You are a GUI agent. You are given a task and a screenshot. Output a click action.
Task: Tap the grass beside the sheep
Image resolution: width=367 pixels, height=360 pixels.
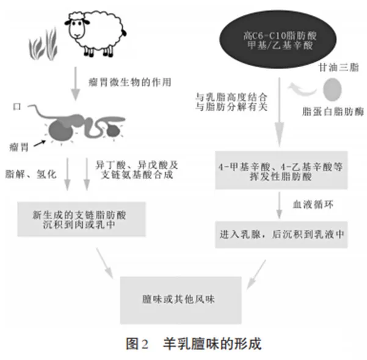43,45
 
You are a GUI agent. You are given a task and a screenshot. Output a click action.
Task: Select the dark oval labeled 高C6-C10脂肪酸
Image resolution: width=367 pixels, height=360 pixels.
278,39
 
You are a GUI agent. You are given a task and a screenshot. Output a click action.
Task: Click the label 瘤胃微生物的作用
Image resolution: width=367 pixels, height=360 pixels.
130,83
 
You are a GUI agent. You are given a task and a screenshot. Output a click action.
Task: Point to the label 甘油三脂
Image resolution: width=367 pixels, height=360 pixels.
339,67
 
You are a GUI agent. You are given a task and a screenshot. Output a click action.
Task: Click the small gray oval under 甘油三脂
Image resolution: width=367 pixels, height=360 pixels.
332,89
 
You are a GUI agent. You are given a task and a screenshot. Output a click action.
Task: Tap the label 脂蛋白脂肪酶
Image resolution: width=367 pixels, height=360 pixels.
333,111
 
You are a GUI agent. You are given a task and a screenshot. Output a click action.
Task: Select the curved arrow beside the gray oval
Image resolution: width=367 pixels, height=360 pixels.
302,90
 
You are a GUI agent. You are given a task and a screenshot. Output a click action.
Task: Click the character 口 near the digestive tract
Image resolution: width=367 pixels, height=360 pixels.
17,107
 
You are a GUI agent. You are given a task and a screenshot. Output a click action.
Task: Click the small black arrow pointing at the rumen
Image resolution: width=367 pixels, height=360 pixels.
40,144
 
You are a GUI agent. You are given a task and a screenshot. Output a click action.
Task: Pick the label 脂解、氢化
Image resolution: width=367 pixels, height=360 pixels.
31,174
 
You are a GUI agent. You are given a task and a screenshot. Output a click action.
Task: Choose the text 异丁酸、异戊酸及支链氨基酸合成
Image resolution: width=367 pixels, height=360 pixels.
137,170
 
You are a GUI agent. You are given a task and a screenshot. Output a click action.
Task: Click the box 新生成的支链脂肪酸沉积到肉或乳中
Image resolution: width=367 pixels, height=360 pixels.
81,219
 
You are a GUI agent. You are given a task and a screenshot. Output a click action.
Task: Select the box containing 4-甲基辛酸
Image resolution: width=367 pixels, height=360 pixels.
282,171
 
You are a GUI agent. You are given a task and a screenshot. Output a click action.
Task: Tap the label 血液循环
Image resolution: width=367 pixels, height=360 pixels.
313,204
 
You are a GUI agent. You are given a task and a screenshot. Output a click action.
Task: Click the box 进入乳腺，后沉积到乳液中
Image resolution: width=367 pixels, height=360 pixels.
282,235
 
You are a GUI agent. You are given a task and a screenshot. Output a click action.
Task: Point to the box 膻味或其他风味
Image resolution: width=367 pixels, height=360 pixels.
181,300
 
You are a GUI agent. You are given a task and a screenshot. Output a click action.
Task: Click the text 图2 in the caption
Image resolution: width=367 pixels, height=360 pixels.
137,344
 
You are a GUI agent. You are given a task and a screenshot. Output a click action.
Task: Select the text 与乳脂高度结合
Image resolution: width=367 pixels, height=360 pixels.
231,97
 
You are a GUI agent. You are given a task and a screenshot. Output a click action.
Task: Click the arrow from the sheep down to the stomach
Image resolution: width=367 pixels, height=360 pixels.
75,84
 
